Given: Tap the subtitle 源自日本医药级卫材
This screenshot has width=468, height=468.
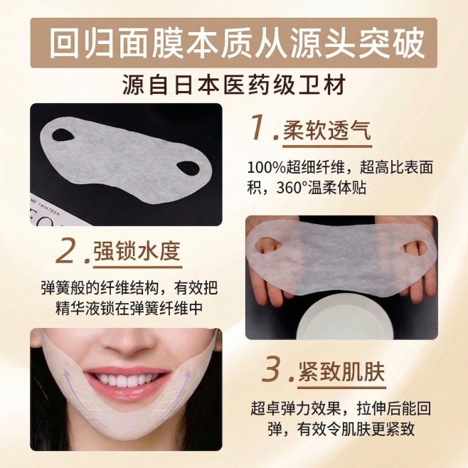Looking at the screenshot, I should coord(235,84).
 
